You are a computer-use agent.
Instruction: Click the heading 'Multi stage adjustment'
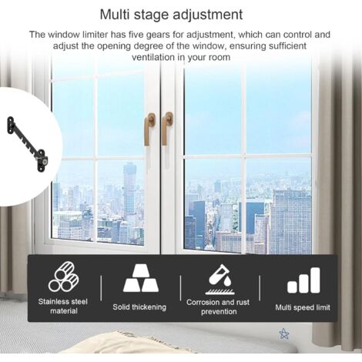182,15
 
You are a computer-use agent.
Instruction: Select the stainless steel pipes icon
65,278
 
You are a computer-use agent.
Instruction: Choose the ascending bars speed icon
303,280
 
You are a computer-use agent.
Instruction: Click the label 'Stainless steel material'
65,307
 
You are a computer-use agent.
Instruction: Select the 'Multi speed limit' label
303,307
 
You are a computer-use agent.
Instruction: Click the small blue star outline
284,334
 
